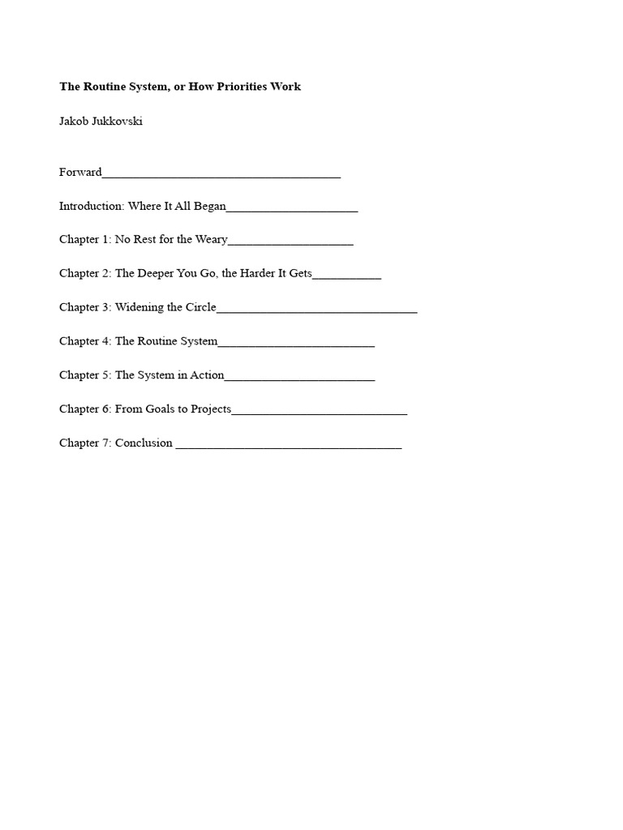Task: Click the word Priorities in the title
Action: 246,86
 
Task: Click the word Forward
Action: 80,172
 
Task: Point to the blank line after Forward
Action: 221,173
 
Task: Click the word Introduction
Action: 91,206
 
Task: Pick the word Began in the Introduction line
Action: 209,206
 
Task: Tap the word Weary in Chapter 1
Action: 211,240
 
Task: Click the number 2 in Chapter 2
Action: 106,274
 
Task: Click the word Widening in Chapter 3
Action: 141,307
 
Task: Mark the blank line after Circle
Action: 317,310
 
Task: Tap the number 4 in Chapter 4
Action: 106,341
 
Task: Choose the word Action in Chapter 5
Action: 207,375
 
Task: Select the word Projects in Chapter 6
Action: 211,409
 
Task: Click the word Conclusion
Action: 144,443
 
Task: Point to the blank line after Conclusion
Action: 288,446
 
